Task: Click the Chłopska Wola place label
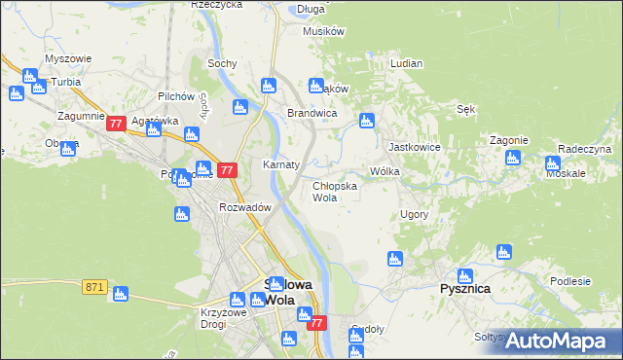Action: pos(335,191)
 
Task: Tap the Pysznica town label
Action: pos(464,289)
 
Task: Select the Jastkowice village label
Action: pos(410,147)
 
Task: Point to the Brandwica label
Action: pos(311,113)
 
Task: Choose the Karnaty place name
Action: pos(280,164)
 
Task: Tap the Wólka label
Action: pos(385,171)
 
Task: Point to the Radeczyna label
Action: pos(584,149)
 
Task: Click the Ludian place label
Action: pos(406,63)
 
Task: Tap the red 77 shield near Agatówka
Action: pos(116,124)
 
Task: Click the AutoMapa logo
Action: pos(558,340)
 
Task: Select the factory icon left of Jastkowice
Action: pos(367,122)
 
